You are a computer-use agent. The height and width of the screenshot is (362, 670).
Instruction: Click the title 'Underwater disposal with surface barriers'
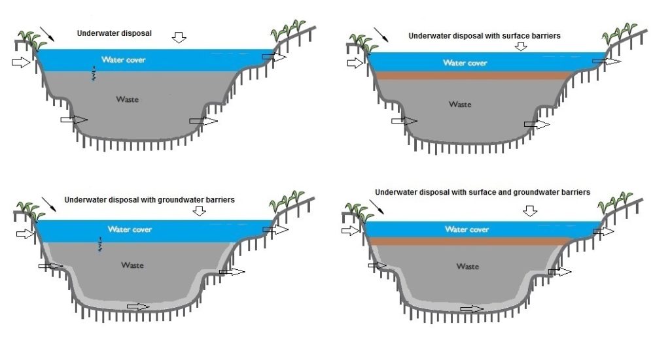pos(484,37)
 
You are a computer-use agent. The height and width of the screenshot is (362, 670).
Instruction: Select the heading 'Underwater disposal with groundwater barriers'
pos(149,200)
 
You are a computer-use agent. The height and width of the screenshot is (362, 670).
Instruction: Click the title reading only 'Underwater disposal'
pos(115,33)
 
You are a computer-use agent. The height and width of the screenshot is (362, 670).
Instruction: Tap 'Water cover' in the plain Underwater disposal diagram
pos(123,60)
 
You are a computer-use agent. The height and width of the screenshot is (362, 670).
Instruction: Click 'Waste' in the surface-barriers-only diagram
pos(460,104)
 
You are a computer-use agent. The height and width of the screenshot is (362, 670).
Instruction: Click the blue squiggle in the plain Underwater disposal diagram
pos(95,74)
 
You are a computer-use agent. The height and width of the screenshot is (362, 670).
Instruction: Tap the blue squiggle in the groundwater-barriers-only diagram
pos(99,244)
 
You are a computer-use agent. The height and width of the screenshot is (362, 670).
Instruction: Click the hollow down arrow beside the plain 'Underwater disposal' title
pos(179,38)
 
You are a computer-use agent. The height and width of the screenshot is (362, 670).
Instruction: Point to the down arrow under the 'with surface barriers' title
pos(521,46)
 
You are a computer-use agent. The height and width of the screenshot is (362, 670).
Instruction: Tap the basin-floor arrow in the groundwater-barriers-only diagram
pos(138,306)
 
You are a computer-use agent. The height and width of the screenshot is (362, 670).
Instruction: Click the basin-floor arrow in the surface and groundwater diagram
pos(472,309)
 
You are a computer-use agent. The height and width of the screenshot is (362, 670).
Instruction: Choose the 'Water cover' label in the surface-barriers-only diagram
pos(465,63)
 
